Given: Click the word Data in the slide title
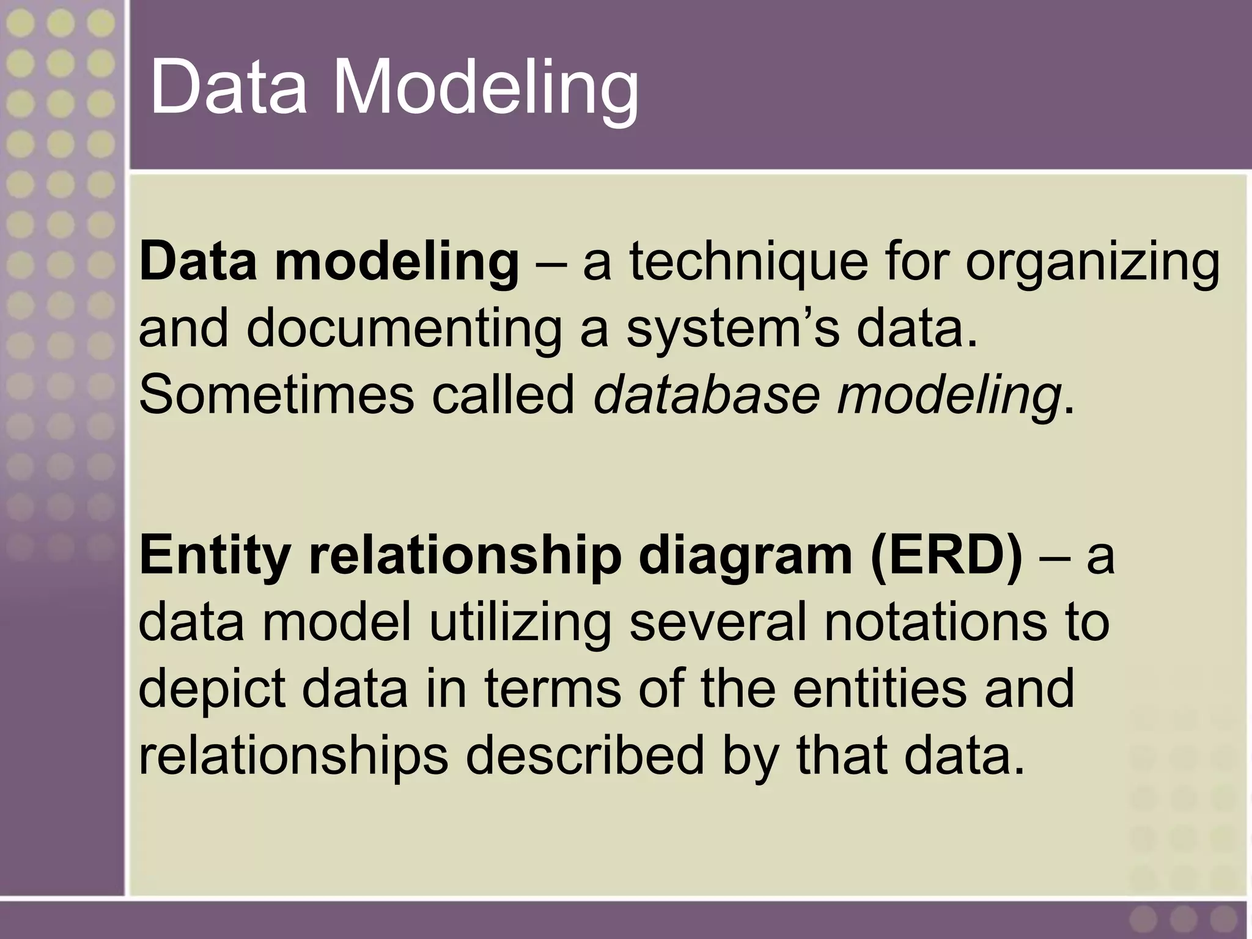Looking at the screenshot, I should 227,87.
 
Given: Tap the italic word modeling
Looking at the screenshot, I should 948,395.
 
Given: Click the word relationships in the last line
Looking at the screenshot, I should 293,756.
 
